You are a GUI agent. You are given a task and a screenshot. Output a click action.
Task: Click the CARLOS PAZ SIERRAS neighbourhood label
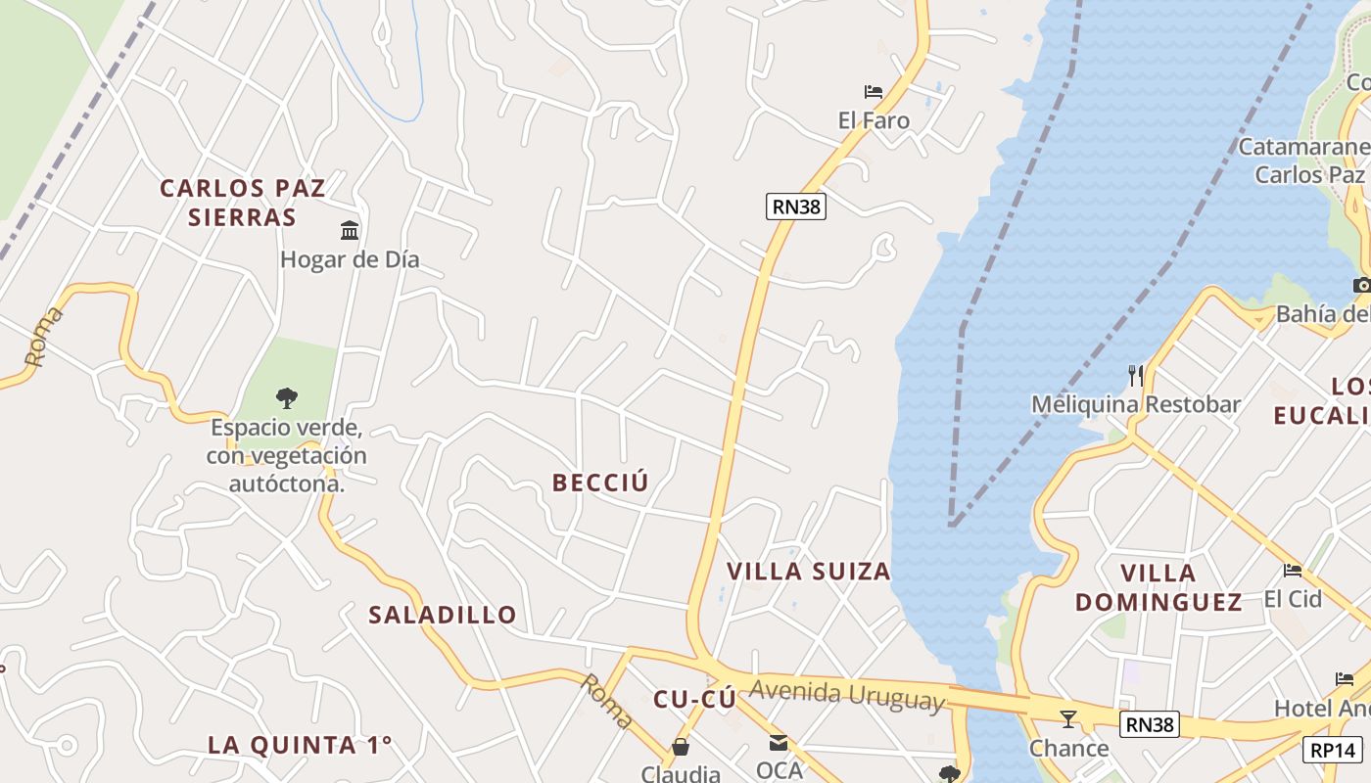pyautogui.click(x=242, y=202)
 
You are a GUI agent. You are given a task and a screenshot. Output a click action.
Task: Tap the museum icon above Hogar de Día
pyautogui.click(x=350, y=231)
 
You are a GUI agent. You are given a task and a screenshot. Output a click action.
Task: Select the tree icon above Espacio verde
pyautogui.click(x=286, y=398)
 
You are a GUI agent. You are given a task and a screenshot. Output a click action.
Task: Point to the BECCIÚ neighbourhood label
pyautogui.click(x=600, y=483)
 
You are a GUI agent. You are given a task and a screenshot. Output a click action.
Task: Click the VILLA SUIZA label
pyautogui.click(x=809, y=572)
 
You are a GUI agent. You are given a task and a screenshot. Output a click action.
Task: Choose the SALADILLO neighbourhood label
pyautogui.click(x=443, y=615)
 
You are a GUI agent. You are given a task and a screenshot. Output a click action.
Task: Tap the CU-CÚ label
pyautogui.click(x=694, y=699)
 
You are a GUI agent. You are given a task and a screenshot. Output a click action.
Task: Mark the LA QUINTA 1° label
pyautogui.click(x=300, y=745)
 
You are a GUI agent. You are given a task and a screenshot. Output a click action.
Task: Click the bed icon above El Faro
pyautogui.click(x=874, y=92)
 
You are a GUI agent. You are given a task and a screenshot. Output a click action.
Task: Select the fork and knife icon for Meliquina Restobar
pyautogui.click(x=1136, y=375)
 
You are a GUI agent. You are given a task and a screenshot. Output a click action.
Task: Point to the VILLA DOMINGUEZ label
pyautogui.click(x=1158, y=587)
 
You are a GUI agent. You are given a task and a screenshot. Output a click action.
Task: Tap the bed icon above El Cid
pyautogui.click(x=1293, y=570)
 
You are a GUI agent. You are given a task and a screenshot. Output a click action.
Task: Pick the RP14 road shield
pyautogui.click(x=1333, y=750)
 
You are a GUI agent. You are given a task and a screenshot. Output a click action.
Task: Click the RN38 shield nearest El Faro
pyautogui.click(x=796, y=207)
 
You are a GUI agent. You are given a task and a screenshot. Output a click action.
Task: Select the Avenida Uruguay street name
pyautogui.click(x=847, y=695)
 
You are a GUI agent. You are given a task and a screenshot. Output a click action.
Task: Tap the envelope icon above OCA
pyautogui.click(x=779, y=743)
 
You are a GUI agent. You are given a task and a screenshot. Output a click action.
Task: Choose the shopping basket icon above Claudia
pyautogui.click(x=680, y=748)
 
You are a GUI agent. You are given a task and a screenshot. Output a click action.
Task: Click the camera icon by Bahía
pyautogui.click(x=1361, y=286)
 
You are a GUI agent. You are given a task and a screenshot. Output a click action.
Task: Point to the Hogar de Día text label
pyautogui.click(x=350, y=259)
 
